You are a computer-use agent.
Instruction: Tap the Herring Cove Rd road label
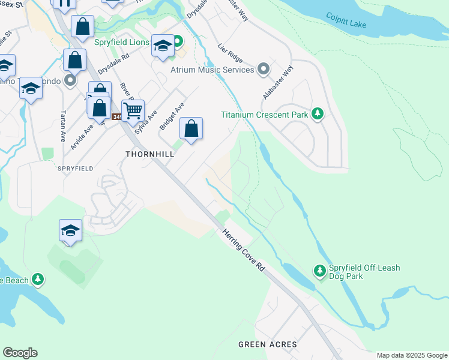244,251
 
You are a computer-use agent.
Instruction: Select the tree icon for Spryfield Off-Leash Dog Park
319,272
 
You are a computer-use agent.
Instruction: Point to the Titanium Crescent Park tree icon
318,114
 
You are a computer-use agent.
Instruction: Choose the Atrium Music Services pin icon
263,70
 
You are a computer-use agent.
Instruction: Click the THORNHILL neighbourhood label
150,154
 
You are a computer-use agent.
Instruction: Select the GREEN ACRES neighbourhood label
267,344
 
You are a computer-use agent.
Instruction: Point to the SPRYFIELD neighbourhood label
76,169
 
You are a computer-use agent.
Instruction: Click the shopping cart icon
133,110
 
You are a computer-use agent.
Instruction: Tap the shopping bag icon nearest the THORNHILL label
191,128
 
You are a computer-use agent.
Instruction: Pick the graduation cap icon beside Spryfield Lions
163,46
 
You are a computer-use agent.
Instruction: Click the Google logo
20,353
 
